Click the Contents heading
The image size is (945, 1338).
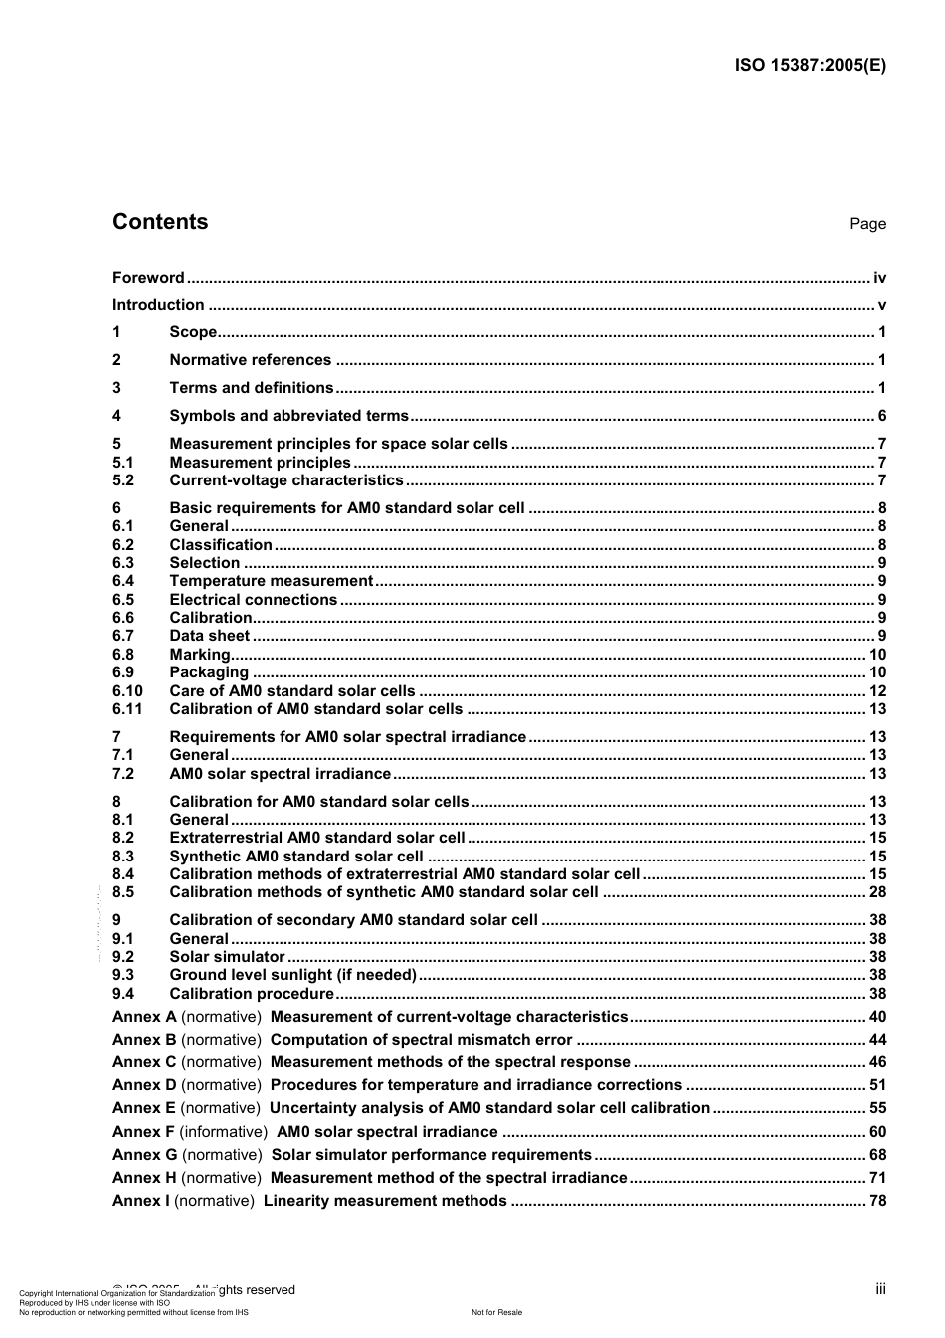(x=160, y=222)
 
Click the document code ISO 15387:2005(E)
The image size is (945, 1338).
(x=810, y=66)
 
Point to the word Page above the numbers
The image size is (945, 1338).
(x=867, y=224)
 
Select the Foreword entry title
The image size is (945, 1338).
(x=148, y=278)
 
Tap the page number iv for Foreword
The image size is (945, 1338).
(x=879, y=278)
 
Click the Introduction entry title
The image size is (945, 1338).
(x=158, y=305)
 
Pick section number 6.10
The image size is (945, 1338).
(x=127, y=691)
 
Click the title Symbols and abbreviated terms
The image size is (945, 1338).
(x=288, y=416)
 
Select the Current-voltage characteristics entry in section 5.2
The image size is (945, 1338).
(x=285, y=480)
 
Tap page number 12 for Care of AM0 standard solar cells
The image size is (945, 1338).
(x=877, y=691)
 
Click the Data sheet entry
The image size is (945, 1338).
(x=209, y=636)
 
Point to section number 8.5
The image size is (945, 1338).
(x=123, y=892)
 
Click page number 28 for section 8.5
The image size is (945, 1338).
(x=877, y=892)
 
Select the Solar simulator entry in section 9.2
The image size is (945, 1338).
(x=227, y=957)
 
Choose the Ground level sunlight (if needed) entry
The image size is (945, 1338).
(x=292, y=975)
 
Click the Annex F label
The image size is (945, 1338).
(x=143, y=1132)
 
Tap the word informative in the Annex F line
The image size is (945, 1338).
(x=225, y=1132)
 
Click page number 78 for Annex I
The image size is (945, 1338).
(x=877, y=1201)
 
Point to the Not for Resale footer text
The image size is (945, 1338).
(x=496, y=1312)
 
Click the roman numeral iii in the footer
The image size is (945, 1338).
(x=880, y=1289)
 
